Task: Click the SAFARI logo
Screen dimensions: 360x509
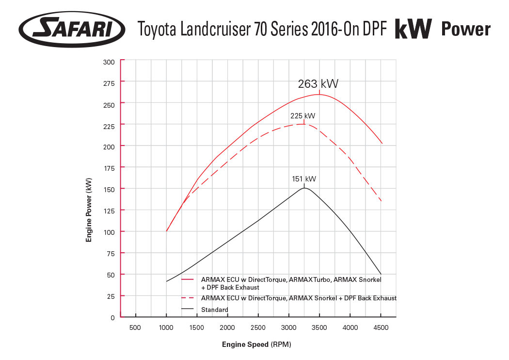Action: [x=72, y=29]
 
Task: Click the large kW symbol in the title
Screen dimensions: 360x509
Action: [x=413, y=30]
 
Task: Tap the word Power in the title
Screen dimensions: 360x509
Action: [x=465, y=30]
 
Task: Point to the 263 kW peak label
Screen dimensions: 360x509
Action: [x=318, y=84]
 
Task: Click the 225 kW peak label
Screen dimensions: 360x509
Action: [x=302, y=116]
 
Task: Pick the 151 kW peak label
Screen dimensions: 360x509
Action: [x=304, y=179]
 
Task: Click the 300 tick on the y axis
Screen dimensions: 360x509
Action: [x=109, y=62]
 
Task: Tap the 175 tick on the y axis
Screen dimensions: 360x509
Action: [x=109, y=168]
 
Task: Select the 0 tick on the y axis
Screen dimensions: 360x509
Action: [x=112, y=317]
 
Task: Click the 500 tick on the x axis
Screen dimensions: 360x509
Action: [x=135, y=328]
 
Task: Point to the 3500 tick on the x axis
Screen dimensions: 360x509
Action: [x=319, y=328]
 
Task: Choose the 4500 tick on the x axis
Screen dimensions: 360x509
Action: [x=381, y=328]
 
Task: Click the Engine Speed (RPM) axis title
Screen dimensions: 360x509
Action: [x=256, y=344]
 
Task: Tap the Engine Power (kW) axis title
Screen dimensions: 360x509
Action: [x=89, y=210]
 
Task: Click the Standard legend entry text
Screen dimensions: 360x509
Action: [x=214, y=310]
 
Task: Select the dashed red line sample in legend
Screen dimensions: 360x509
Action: [x=187, y=298]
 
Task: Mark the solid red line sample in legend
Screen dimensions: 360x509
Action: [x=187, y=280]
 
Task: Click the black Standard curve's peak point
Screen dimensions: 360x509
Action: [x=304, y=188]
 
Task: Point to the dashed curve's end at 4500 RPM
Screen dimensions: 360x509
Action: [x=381, y=201]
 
